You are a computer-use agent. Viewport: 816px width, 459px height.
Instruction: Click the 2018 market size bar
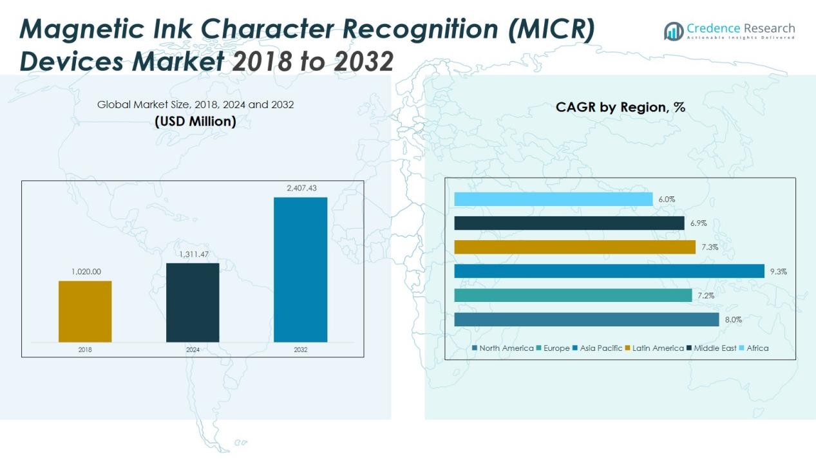click(x=85, y=312)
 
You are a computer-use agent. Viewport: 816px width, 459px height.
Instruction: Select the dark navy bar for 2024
click(x=193, y=303)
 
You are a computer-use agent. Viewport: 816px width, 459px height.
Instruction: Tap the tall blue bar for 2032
click(x=300, y=270)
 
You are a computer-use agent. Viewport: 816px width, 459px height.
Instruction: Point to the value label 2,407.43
click(x=301, y=188)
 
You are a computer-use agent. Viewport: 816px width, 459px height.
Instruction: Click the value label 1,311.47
click(x=193, y=254)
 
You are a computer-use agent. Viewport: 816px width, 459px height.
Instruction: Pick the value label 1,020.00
click(x=85, y=272)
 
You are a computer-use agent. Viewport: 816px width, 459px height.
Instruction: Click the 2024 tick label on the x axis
click(x=193, y=350)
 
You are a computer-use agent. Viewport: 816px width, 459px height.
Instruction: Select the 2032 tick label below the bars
click(x=300, y=350)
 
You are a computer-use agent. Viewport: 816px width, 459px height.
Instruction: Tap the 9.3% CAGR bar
click(x=609, y=271)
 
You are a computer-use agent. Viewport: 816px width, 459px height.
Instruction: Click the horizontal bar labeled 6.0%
click(x=553, y=199)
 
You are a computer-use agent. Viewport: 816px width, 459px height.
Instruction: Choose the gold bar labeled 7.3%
click(x=574, y=247)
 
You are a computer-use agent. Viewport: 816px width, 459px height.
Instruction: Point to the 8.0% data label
click(x=734, y=320)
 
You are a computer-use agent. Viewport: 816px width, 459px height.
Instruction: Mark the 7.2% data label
click(x=707, y=295)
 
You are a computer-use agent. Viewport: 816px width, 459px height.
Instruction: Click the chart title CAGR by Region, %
click(x=620, y=108)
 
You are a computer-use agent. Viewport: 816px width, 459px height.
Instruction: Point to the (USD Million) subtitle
click(x=195, y=121)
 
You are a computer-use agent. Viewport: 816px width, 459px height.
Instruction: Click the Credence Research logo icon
click(x=674, y=31)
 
